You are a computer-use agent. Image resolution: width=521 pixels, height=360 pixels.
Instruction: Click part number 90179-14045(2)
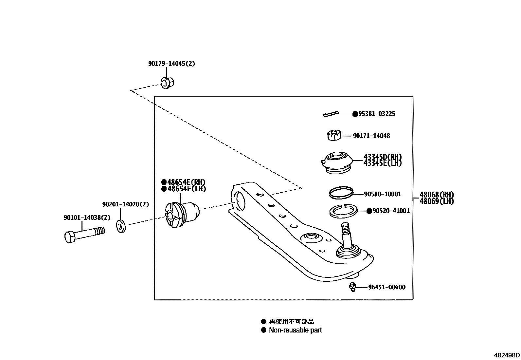click(x=171, y=64)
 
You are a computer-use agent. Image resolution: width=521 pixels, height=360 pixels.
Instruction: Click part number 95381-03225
click(x=377, y=114)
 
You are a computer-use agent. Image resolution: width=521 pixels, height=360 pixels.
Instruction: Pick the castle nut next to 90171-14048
click(x=334, y=135)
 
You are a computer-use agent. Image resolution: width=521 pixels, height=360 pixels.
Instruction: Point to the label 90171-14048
click(x=371, y=136)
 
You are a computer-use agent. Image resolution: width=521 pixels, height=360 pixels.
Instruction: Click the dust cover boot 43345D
click(x=336, y=162)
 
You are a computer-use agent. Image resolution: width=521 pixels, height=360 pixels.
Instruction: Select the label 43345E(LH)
click(x=382, y=163)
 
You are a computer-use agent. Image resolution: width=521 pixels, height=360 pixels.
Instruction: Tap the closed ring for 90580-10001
click(x=341, y=193)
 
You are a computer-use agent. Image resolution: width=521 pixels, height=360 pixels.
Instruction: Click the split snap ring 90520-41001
click(x=343, y=212)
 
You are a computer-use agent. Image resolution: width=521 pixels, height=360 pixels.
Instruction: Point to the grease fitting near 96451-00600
click(x=352, y=287)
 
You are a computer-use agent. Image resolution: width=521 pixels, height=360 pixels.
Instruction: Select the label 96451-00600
click(x=386, y=287)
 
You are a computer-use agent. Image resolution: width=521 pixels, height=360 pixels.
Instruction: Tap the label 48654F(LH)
click(x=187, y=189)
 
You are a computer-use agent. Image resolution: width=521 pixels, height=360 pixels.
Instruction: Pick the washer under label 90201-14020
click(x=121, y=226)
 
